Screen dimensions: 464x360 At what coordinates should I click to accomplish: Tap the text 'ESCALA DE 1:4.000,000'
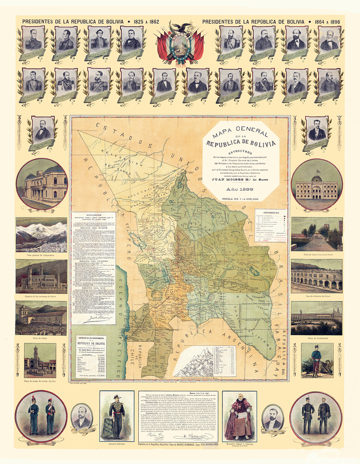241,197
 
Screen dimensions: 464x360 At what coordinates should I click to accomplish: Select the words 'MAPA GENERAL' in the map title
241,129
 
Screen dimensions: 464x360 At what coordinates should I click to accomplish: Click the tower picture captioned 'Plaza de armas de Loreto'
40,360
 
